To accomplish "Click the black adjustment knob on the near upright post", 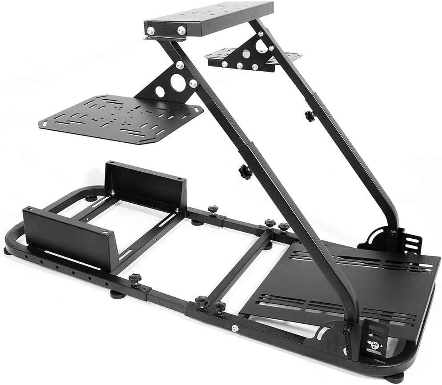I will point(243,170).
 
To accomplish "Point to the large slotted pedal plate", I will point(356,285).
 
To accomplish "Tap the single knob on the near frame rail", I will point(135,280).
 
